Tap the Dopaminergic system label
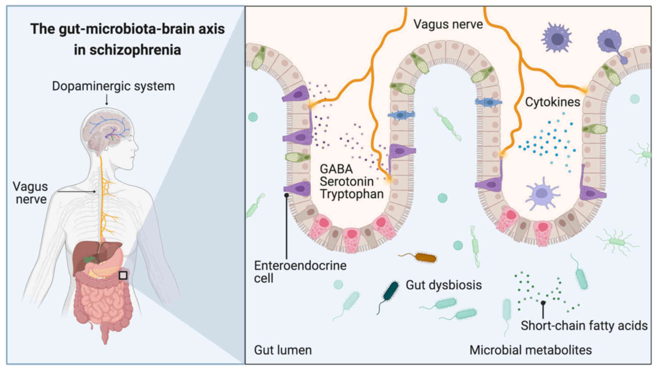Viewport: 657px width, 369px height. pyautogui.click(x=113, y=86)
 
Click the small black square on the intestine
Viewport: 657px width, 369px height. pyautogui.click(x=123, y=275)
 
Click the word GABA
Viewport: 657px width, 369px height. pyautogui.click(x=336, y=169)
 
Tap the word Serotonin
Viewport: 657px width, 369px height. pyautogui.click(x=347, y=182)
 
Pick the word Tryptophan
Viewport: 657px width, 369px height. pyautogui.click(x=352, y=195)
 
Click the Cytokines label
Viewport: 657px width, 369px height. pyautogui.click(x=553, y=102)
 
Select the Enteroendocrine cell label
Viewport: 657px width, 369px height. pyautogui.click(x=300, y=272)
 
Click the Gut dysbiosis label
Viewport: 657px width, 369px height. pyautogui.click(x=444, y=285)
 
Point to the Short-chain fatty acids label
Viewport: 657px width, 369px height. pyautogui.click(x=584, y=326)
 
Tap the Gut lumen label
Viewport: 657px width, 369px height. pyautogui.click(x=283, y=350)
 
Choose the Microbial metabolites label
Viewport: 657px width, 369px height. pyautogui.click(x=531, y=350)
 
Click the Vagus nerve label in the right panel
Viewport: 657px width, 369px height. pyautogui.click(x=448, y=25)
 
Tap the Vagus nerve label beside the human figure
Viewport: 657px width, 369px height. pyautogui.click(x=30, y=193)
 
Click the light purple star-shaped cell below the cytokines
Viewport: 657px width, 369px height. pyautogui.click(x=542, y=193)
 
